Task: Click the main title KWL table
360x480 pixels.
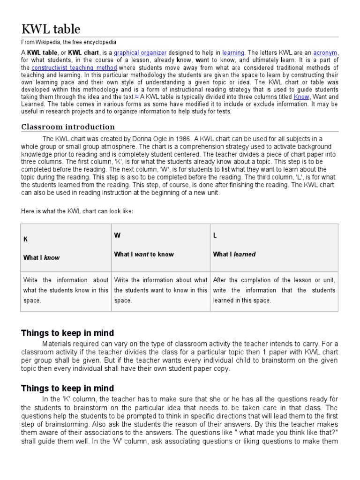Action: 51,29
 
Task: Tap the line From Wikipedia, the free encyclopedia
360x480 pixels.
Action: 69,42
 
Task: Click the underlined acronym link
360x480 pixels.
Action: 325,53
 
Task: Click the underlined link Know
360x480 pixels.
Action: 301,97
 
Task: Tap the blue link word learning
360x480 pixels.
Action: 233,53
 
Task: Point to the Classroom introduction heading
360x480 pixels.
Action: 68,127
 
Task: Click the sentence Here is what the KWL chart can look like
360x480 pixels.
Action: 77,211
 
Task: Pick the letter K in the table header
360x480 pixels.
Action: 26,239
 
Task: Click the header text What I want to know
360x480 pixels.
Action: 144,254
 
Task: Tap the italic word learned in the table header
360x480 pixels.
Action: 245,254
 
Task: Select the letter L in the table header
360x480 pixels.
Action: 215,235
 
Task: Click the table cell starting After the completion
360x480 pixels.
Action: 274,290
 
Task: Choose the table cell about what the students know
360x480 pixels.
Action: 66,290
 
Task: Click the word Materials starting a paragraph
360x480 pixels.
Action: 58,344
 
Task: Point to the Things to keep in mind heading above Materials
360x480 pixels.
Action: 67,333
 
